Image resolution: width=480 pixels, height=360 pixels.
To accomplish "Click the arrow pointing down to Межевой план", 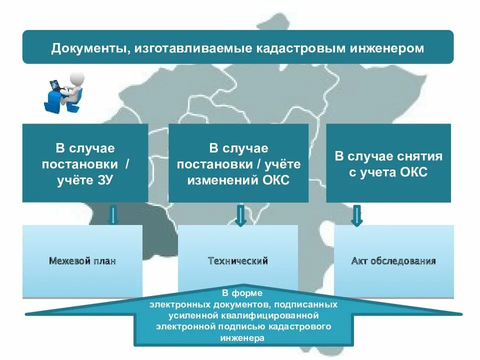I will click(x=113, y=215).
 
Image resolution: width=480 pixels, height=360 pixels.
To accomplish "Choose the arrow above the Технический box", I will click(x=240, y=215).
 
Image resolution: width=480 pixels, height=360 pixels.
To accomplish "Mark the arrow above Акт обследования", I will click(x=356, y=215).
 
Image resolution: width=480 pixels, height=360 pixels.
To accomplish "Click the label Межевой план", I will click(x=82, y=261).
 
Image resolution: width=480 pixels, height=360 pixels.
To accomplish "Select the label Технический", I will click(x=238, y=261).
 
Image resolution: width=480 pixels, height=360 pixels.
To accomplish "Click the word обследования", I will click(x=403, y=261).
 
